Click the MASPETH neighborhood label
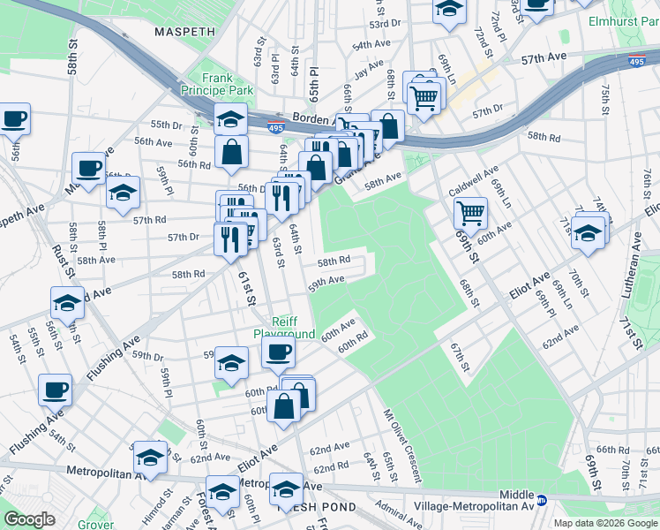184,32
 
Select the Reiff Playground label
284,329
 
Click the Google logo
29,519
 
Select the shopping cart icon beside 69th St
470,212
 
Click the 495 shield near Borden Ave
276,126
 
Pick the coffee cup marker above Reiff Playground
279,353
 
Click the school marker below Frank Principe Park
230,117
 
